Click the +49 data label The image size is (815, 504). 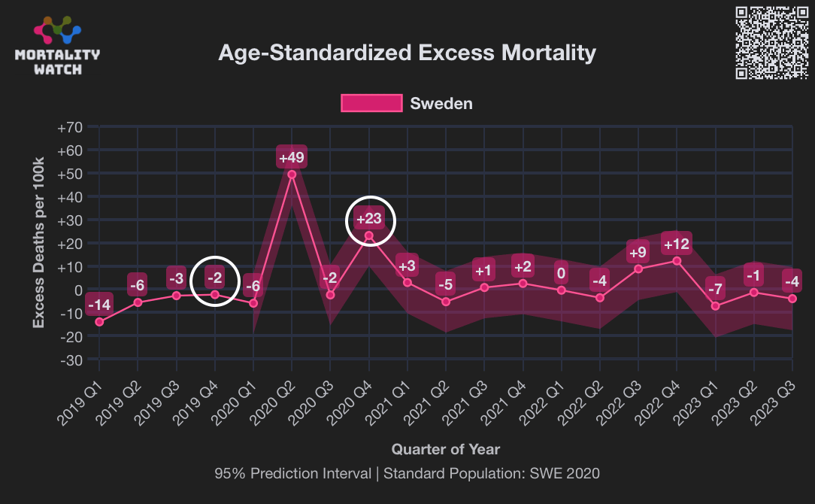tap(292, 158)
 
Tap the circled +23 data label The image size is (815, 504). tap(369, 220)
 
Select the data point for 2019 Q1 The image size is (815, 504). tap(99, 322)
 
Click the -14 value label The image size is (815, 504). tap(99, 305)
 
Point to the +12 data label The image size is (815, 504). tap(676, 244)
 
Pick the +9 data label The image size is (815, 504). tap(638, 252)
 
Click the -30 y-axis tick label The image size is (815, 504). tap(71, 360)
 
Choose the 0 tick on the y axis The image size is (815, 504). tap(77, 290)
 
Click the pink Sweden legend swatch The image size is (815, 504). tap(371, 103)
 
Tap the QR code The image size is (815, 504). tap(772, 42)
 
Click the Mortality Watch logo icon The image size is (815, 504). tap(57, 30)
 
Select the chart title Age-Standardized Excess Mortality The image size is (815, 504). tap(407, 53)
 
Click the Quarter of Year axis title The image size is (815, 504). tap(445, 450)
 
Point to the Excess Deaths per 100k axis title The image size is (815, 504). tap(38, 243)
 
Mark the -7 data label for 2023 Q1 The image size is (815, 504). tap(715, 289)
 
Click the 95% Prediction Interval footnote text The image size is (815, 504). tap(407, 474)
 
